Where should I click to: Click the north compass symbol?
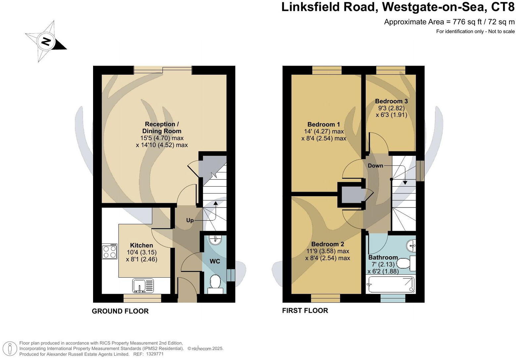click(46, 42)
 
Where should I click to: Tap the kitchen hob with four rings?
click(110, 251)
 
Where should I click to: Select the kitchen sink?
click(143, 286)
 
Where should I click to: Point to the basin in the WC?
click(216, 240)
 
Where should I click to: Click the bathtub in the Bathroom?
click(391, 285)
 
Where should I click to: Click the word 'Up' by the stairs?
click(190, 220)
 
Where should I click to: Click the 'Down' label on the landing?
click(375, 165)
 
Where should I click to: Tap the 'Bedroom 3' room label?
click(391, 101)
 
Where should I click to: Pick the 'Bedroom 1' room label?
click(324, 124)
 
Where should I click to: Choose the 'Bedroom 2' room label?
click(328, 244)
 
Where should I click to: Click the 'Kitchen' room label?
click(141, 245)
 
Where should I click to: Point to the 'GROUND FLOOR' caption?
click(120, 311)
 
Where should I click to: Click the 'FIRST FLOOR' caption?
click(305, 310)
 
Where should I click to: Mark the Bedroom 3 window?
click(391, 70)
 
